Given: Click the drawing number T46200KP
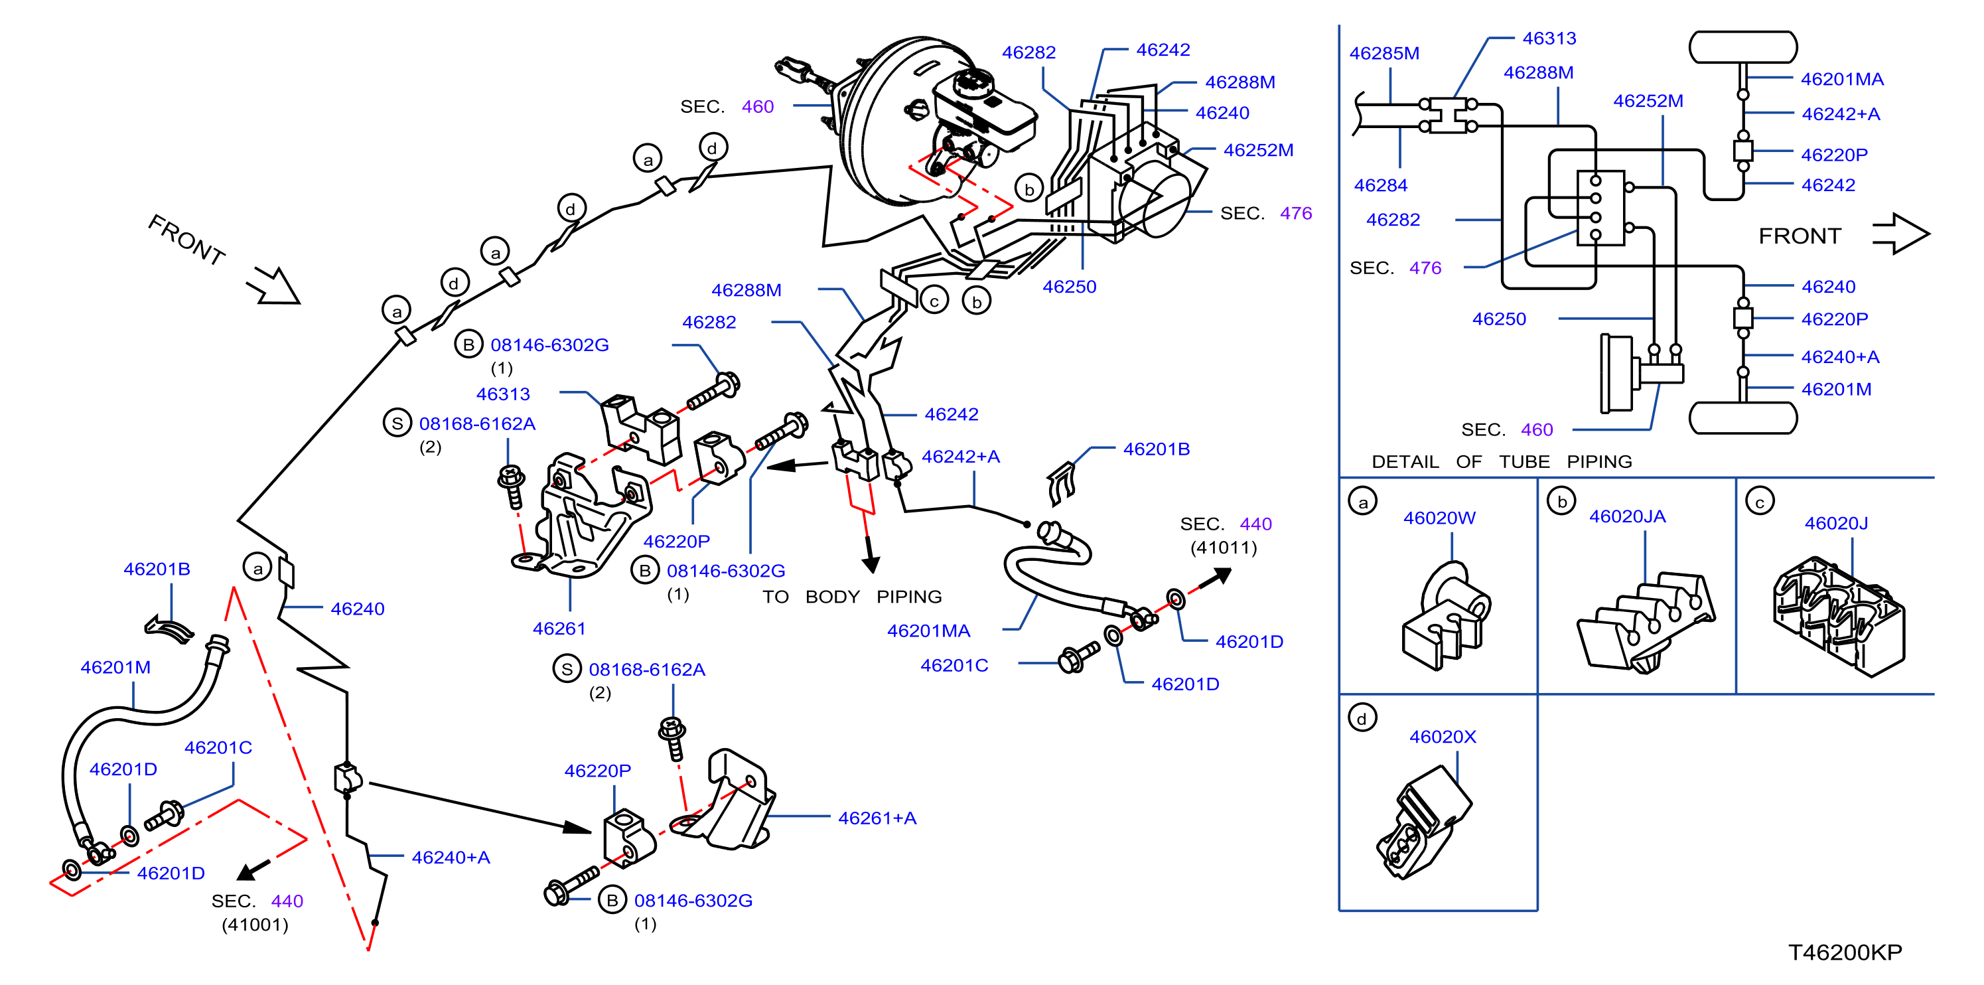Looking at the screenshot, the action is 1845,952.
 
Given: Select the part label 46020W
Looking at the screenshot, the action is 1439,518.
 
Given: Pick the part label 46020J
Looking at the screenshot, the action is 1835,523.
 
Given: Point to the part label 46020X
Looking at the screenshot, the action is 1442,736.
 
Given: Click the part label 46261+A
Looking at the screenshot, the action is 877,818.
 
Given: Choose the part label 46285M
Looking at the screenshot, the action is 1383,53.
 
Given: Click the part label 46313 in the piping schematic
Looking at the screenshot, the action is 1549,38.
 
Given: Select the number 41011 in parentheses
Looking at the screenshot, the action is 1223,548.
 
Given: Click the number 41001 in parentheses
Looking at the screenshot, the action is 255,924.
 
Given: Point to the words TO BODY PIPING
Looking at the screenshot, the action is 852,597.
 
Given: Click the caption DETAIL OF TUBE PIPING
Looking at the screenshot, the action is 1501,461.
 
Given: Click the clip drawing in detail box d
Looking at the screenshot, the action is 1423,822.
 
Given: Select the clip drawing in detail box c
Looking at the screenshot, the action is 1837,616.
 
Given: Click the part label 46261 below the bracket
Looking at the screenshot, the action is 559,629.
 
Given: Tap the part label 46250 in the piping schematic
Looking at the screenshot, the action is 1499,319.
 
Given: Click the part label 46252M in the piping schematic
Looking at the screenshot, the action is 1648,101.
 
